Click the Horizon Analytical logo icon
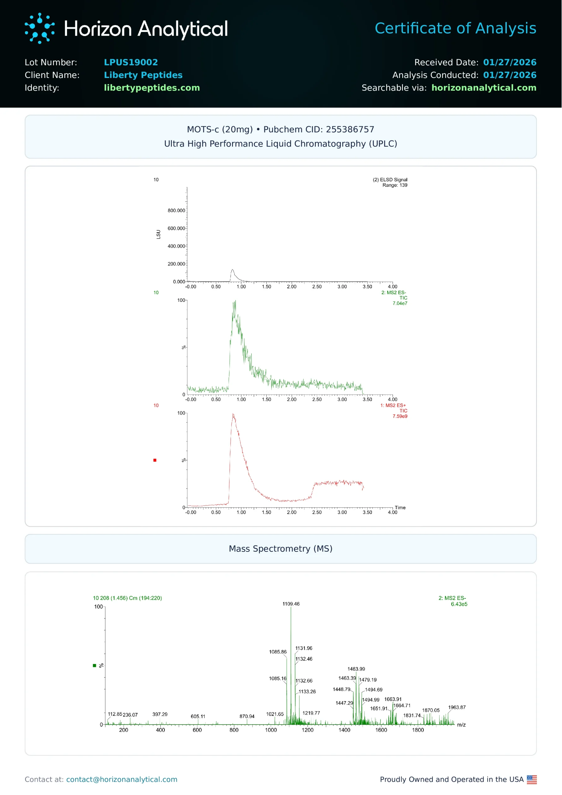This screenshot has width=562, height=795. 39,28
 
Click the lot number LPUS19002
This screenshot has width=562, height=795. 131,62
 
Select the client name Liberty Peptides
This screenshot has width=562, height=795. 143,75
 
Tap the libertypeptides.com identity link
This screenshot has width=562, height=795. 152,88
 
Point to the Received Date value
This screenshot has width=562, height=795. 509,62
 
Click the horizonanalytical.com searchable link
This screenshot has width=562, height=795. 484,88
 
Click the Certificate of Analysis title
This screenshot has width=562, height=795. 455,28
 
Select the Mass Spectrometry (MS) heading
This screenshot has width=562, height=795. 281,549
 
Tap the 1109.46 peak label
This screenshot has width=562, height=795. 291,604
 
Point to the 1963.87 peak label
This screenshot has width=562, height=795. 457,707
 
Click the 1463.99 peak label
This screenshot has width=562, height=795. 356,669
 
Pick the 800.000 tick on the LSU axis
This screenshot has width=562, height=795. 176,211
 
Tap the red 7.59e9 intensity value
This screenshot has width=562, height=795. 400,416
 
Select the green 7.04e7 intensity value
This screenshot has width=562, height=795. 400,303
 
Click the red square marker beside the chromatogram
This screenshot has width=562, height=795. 155,460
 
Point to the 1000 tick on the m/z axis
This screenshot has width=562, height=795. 271,730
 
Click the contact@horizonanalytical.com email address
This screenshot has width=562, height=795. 122,779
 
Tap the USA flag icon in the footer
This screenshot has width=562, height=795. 532,779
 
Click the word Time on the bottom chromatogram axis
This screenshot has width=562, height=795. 400,508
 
